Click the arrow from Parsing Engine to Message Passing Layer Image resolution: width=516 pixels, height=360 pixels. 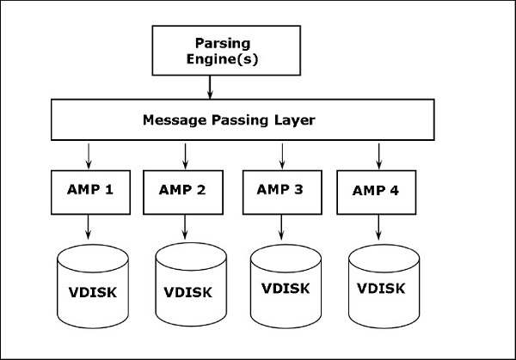click(x=211, y=86)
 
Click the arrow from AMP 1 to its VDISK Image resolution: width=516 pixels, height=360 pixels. click(x=88, y=227)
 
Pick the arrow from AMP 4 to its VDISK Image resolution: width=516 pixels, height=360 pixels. click(x=379, y=227)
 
